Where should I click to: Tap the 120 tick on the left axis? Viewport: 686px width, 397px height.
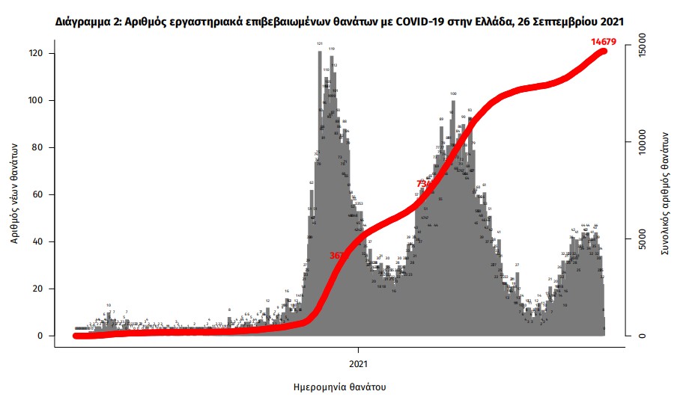36,54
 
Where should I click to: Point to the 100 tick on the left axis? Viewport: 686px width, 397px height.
36,101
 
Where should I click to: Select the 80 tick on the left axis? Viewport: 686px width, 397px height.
38,148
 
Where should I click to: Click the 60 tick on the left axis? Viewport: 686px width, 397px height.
38,195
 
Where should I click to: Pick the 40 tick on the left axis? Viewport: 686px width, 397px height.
38,242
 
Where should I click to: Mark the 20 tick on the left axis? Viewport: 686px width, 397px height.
38,289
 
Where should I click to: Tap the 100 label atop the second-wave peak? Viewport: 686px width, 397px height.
453,93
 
